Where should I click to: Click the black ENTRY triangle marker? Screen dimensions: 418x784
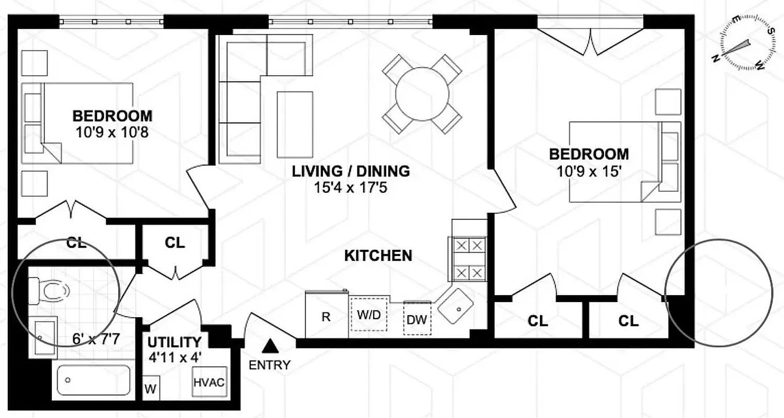[270, 345]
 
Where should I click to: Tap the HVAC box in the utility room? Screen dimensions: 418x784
[209, 382]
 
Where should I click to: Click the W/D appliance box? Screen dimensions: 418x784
[369, 316]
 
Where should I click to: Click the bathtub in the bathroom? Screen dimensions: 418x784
[94, 380]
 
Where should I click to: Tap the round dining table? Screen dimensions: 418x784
[422, 94]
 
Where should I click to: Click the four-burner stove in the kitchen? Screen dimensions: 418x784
[467, 259]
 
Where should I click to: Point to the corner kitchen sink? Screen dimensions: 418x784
[456, 307]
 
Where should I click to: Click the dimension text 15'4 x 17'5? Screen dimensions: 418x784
[350, 187]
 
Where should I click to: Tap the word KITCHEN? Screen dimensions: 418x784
[378, 256]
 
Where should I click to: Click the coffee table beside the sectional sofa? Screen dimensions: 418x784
[295, 124]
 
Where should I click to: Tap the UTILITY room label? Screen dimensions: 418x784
[174, 342]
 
